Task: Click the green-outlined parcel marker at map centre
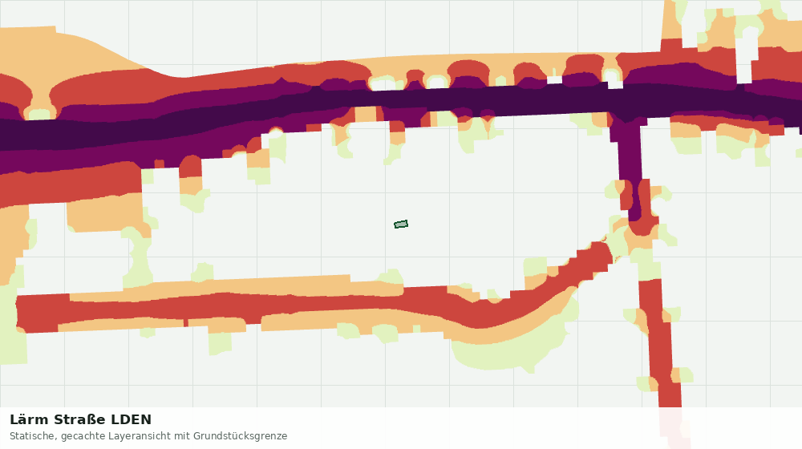click(x=401, y=224)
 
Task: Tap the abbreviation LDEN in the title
click(x=132, y=420)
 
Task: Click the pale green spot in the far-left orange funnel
click(x=40, y=113)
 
